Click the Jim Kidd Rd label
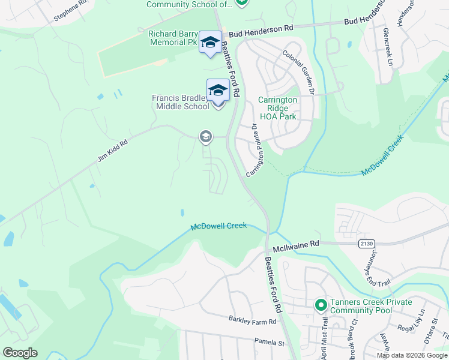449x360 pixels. coord(113,152)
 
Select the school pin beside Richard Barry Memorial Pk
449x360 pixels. coord(210,42)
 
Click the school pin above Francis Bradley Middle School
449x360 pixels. coord(218,91)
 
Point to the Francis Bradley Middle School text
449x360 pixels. coord(181,102)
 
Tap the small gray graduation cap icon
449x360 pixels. coord(206,137)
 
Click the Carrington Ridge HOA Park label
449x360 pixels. coord(277,108)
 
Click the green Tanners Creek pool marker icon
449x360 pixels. coord(321,305)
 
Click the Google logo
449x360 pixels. coord(20,353)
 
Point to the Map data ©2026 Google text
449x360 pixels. coord(412,355)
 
